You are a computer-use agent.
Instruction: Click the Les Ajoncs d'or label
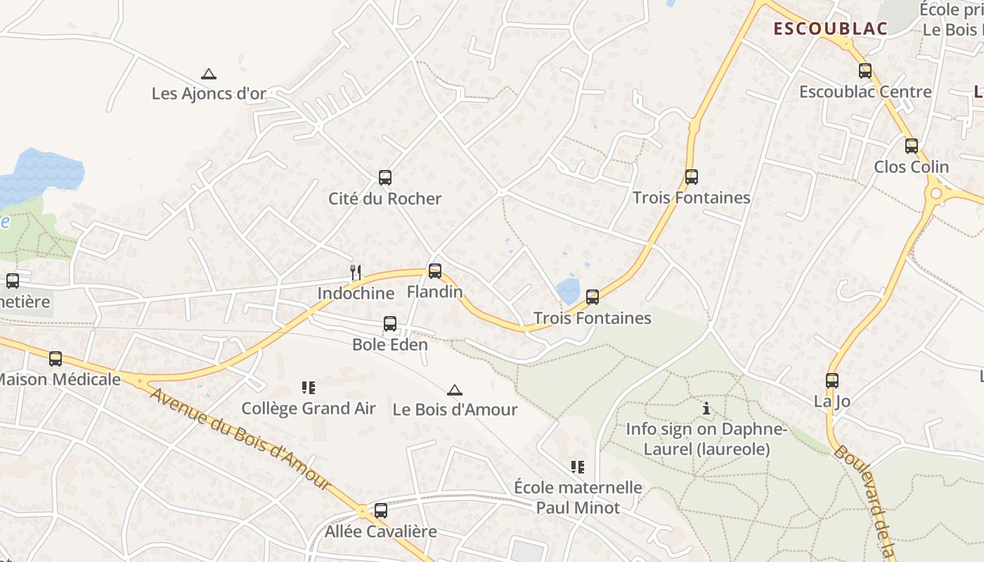(209, 93)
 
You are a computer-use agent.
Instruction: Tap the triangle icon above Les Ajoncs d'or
(208, 74)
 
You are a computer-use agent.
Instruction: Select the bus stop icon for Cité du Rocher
(384, 177)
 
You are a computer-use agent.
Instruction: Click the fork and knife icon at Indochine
(356, 273)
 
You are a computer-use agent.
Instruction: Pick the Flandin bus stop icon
(435, 271)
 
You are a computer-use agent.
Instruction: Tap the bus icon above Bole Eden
(390, 324)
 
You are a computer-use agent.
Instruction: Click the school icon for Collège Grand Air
(308, 388)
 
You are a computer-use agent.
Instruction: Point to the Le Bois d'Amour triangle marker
(455, 390)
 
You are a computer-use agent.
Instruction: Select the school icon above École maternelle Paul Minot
(578, 467)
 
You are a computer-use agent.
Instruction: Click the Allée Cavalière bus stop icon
(381, 511)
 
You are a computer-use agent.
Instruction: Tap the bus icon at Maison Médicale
(56, 359)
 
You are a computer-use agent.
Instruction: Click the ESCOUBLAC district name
(831, 29)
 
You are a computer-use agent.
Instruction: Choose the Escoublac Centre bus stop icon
(865, 71)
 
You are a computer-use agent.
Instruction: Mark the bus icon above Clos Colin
(912, 146)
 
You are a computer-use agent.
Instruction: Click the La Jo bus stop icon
(832, 381)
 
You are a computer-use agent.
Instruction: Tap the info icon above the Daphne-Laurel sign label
(706, 408)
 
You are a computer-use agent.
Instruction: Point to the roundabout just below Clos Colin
(935, 193)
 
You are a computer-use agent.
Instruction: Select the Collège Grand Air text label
(309, 408)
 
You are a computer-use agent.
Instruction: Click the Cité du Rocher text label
(385, 198)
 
